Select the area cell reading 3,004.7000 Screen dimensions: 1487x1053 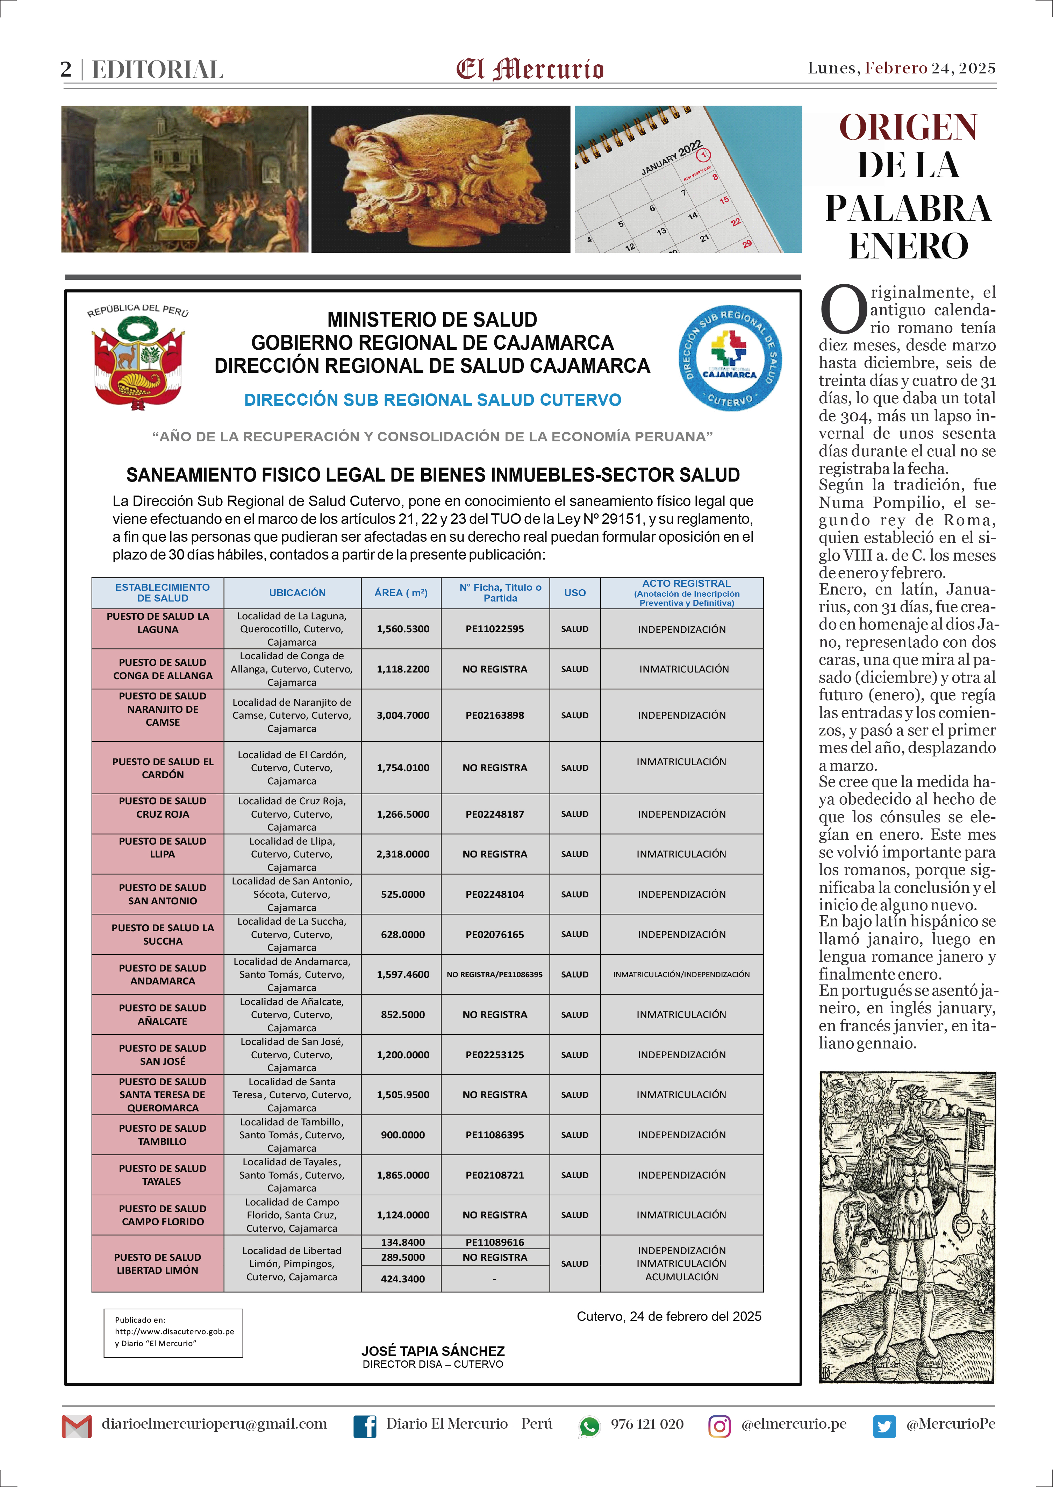(x=403, y=715)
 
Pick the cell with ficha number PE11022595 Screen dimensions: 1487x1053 (x=495, y=629)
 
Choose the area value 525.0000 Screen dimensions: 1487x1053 (x=403, y=894)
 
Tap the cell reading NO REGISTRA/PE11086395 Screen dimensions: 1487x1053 (x=495, y=975)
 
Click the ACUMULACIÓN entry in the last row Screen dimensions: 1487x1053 (x=681, y=1277)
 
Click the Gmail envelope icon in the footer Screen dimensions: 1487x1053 (x=77, y=1426)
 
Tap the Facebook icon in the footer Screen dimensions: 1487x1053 (x=365, y=1426)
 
